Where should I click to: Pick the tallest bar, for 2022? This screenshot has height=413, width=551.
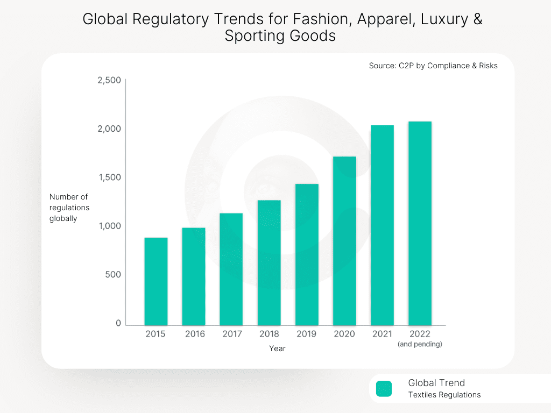420,223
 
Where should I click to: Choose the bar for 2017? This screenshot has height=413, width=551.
231,269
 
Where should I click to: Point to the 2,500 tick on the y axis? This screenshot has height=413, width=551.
109,80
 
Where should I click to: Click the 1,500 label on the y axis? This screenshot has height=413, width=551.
109,177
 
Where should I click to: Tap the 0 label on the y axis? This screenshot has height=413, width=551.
118,323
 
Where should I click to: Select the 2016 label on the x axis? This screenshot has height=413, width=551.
195,334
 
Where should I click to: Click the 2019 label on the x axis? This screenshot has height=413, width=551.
307,334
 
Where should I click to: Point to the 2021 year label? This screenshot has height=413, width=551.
382,334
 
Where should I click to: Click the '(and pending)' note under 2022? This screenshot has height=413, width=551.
420,344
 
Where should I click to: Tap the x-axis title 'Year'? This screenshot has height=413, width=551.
277,348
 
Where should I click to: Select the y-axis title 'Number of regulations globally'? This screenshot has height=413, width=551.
69,208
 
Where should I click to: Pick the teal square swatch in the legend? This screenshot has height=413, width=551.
384,388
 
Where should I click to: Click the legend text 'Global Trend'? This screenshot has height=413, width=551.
436,383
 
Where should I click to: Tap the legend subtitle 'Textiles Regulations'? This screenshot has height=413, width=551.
444,395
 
